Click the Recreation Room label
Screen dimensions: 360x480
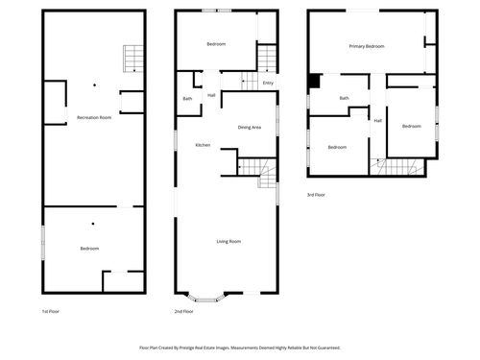tap(94, 117)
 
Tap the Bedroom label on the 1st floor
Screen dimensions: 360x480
tap(89, 249)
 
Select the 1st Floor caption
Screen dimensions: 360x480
tap(52, 312)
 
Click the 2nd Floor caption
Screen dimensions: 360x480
tap(184, 312)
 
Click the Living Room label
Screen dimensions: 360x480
tap(228, 241)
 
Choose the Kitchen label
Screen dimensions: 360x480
tap(203, 145)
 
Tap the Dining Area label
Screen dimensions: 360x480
tap(251, 127)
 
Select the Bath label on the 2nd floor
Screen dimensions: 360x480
tap(187, 99)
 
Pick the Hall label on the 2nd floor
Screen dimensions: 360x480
tap(211, 95)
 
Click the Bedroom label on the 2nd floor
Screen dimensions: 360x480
tap(217, 45)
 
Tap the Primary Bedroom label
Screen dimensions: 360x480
tap(367, 46)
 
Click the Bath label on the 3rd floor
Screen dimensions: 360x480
tap(344, 98)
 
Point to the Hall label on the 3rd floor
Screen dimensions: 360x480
tap(377, 120)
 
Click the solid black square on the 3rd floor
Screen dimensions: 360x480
tap(314, 82)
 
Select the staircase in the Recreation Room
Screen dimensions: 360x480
tap(131, 60)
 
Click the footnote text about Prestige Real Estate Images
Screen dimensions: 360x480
tap(240, 348)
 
